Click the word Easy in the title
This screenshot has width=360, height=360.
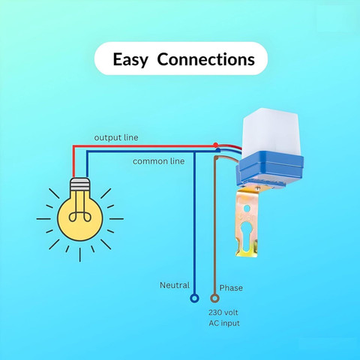click(x=130, y=60)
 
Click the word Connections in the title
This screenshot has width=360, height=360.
click(x=206, y=59)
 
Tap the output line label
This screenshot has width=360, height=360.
click(x=116, y=138)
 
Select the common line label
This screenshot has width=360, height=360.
click(x=159, y=161)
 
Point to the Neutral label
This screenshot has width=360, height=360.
click(x=175, y=285)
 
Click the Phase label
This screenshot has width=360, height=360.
click(x=231, y=288)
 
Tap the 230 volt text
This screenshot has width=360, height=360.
click(x=223, y=312)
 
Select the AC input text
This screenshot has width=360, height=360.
click(x=224, y=323)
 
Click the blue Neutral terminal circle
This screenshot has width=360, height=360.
click(x=194, y=298)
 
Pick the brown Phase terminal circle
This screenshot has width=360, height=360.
click(x=214, y=298)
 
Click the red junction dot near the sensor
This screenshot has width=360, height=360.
click(x=215, y=145)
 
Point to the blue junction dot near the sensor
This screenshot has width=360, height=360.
click(x=218, y=150)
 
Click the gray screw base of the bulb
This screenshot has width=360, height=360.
click(x=79, y=184)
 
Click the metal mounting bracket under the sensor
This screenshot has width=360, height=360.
click(x=247, y=223)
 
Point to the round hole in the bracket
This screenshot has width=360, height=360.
click(x=247, y=208)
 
